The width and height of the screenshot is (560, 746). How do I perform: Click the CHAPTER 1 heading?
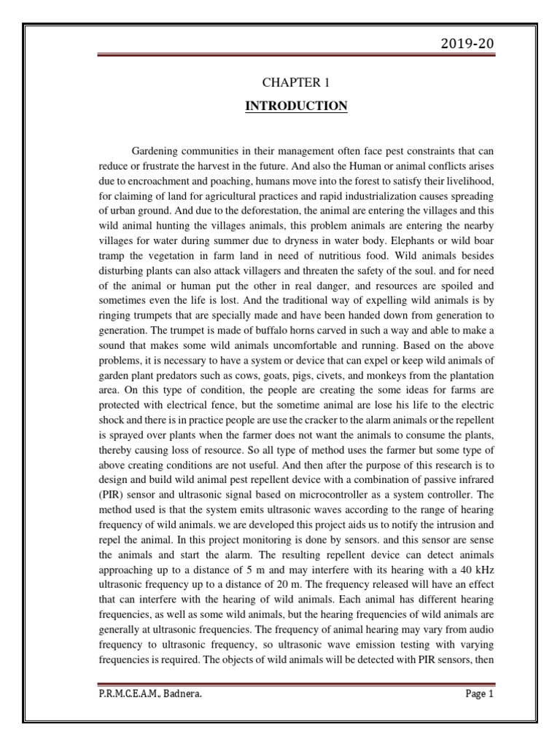[x=296, y=84]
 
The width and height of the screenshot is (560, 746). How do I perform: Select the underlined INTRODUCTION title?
[x=296, y=106]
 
